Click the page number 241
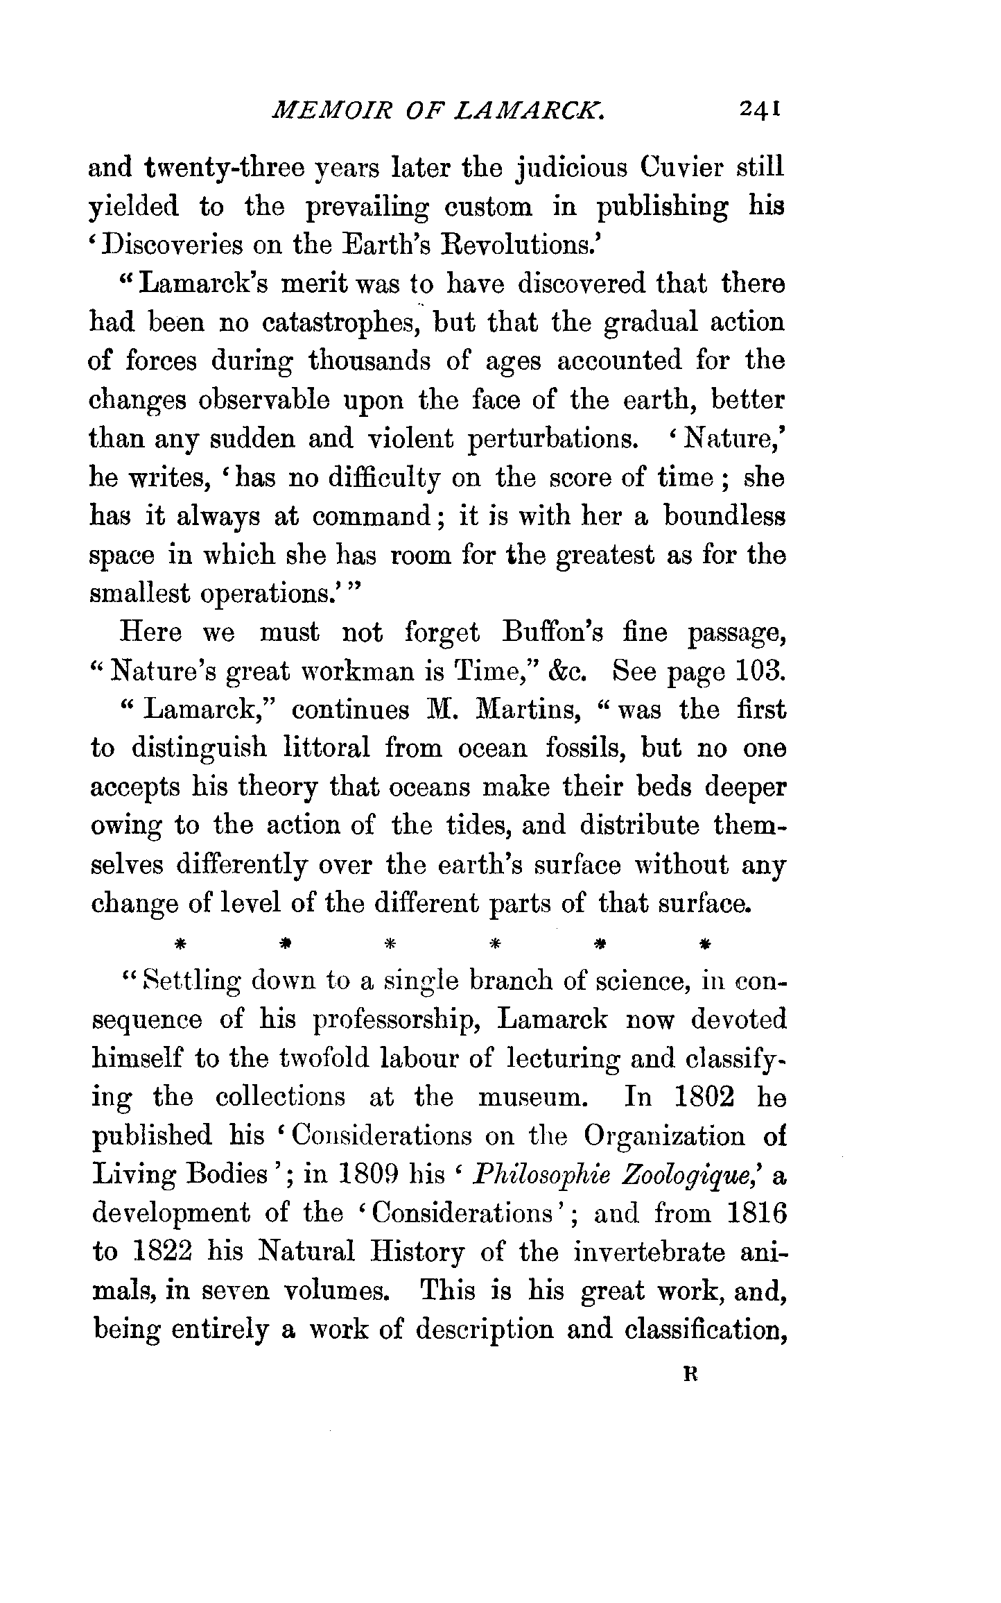click(x=761, y=110)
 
